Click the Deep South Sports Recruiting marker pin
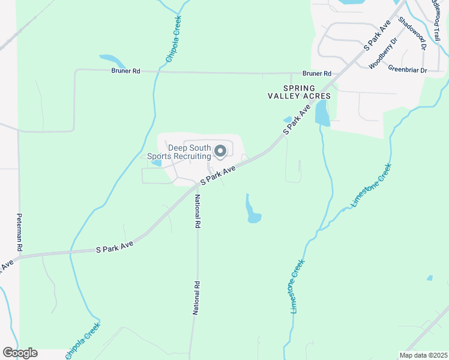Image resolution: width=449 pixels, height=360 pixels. click(x=220, y=151)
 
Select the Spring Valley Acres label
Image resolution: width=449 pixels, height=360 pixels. click(x=299, y=92)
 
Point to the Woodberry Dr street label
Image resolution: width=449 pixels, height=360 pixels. click(x=383, y=53)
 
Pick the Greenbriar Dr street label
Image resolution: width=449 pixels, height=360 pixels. click(x=407, y=70)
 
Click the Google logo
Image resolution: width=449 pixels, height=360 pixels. click(x=19, y=353)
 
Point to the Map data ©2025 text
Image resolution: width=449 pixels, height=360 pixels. click(x=423, y=355)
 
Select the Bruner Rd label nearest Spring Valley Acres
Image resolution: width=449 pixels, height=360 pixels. click(x=317, y=74)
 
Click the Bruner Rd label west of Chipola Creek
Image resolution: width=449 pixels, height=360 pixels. click(x=125, y=71)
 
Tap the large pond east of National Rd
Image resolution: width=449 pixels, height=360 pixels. click(x=252, y=211)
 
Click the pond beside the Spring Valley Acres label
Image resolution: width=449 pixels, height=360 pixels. click(x=322, y=113)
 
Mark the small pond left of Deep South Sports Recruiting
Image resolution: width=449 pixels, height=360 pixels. click(x=157, y=162)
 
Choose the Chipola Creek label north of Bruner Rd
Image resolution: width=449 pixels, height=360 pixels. click(x=173, y=38)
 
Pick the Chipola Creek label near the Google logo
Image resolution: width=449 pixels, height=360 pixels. click(x=83, y=341)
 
